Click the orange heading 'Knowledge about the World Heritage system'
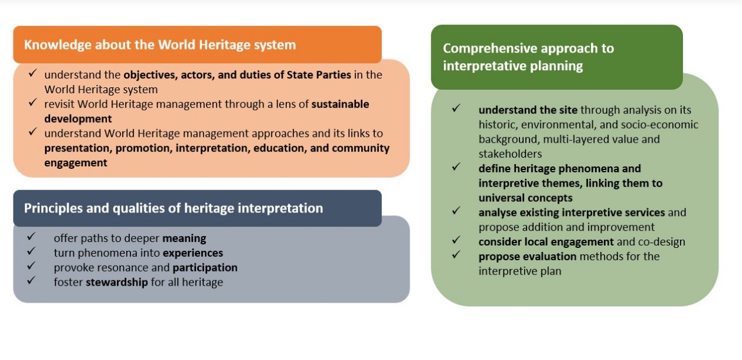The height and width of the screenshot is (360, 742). pos(160,45)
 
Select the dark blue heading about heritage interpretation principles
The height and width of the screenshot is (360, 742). pos(173,208)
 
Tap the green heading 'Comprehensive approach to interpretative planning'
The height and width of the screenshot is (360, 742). pos(528,57)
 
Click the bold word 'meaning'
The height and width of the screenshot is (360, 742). pos(184,238)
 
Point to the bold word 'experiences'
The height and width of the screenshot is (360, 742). pos(193,253)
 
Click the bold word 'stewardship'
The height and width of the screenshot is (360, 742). pos(117,282)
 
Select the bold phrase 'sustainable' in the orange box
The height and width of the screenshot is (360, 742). pos(340,104)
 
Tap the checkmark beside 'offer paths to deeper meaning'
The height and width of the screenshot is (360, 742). pos(31,236)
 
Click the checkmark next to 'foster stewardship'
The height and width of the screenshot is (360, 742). pos(31,280)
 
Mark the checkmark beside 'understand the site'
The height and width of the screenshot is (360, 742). pos(456,107)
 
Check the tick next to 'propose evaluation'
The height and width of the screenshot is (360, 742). pos(456,254)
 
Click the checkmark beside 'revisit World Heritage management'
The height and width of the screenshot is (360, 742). pos(32,102)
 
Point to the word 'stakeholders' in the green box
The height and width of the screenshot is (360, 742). pos(510,154)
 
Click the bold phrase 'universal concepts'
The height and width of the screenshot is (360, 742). pos(525,198)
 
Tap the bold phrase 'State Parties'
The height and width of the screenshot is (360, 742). pos(319,75)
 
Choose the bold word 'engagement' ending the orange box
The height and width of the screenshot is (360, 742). pos(76,163)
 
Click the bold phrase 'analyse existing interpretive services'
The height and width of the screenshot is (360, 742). pos(571,212)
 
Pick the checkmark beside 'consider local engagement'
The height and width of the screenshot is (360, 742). pos(456,240)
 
